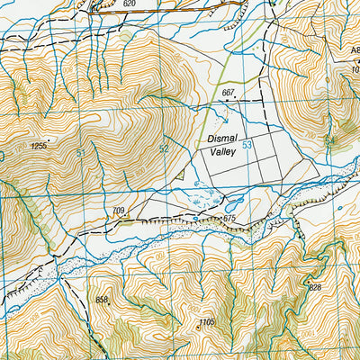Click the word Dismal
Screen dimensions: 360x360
[x=221, y=140]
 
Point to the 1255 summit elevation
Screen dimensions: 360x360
[x=38, y=145]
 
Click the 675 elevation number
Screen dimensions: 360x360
[x=229, y=218]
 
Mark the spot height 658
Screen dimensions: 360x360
[x=101, y=300]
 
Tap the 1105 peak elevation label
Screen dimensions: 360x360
[x=207, y=322]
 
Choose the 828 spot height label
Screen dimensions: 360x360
[x=314, y=287]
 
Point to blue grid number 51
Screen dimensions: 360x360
[x=81, y=154]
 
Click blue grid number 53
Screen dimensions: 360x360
[x=246, y=144]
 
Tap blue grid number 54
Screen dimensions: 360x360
[x=328, y=140]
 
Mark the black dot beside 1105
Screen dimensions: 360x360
[x=199, y=328]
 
